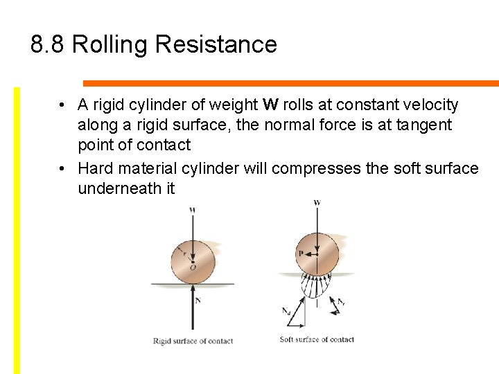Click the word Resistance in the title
[x=216, y=45]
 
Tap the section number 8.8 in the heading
[x=48, y=45]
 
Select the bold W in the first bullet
[x=271, y=105]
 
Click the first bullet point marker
[x=62, y=105]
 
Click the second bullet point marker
[x=62, y=168]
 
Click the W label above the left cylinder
[x=192, y=209]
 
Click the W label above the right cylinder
[x=317, y=203]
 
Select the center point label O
[x=193, y=267]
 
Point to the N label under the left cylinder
[x=198, y=301]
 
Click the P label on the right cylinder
[x=301, y=253]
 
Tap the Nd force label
[x=286, y=311]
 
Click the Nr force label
[x=341, y=302]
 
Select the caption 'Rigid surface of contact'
[x=193, y=341]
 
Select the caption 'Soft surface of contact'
[x=317, y=339]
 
